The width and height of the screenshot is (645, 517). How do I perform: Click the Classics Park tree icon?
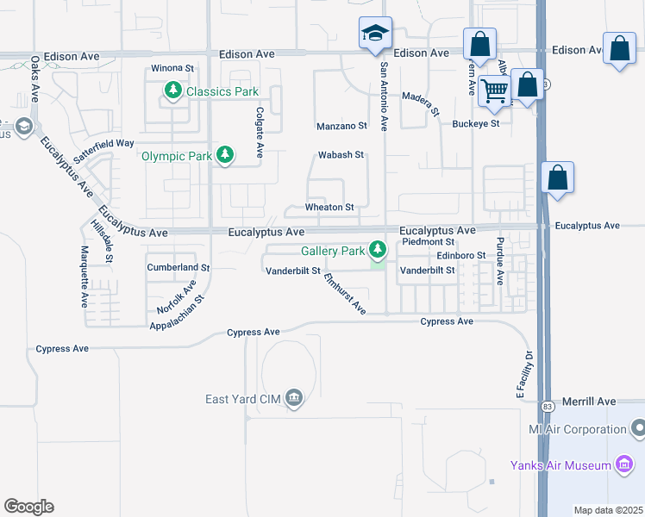point(173,90)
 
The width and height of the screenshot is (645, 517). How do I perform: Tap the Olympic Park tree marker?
point(225,155)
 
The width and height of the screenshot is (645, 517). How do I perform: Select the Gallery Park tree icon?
point(378,250)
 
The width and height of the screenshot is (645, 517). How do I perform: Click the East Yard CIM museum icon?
point(294,398)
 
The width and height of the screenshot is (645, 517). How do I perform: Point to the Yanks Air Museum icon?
point(624,465)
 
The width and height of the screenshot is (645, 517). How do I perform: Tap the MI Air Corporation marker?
point(638,428)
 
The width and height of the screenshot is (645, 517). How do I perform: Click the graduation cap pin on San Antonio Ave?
point(375,34)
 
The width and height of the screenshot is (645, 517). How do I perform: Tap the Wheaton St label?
point(329,208)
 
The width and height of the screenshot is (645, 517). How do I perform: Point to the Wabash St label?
point(341,155)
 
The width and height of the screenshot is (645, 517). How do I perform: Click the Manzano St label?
point(341,126)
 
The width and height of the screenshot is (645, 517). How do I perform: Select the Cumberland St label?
point(178,268)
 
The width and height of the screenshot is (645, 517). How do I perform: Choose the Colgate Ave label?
point(259,133)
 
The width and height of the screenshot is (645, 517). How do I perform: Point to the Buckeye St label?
point(476,124)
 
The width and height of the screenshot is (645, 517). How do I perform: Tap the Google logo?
point(28,507)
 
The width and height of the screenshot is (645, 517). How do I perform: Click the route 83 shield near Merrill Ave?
point(548,406)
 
